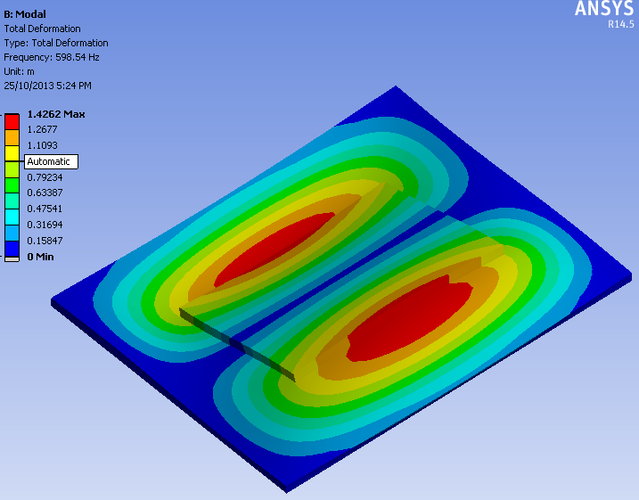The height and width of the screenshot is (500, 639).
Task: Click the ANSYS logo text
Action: click(604, 8)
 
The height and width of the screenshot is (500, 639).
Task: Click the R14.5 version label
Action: click(621, 24)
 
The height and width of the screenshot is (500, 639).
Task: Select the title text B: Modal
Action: click(25, 14)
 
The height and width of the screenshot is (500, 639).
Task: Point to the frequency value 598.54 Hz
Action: click(78, 57)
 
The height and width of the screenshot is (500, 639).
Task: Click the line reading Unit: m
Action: click(19, 71)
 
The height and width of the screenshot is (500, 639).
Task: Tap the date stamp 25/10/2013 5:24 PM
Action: click(48, 86)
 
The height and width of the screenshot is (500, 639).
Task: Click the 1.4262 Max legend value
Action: click(56, 114)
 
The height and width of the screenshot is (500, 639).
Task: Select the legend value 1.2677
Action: click(43, 129)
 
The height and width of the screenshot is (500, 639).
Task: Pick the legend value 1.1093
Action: click(43, 145)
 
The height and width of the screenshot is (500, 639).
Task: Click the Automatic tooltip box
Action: click(51, 162)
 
